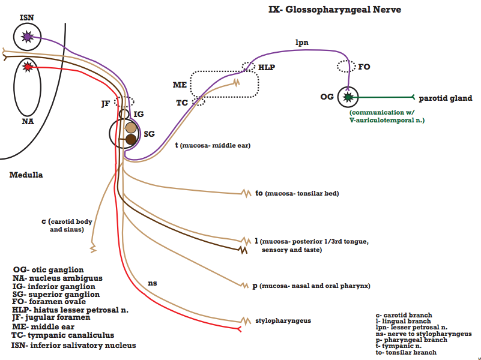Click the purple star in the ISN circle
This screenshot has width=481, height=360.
pos(27,37)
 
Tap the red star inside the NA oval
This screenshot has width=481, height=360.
pos(27,67)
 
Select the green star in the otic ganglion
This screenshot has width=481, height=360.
pos(348,97)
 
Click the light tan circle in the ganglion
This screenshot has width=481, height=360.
pos(131,128)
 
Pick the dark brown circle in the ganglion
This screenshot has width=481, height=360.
pos(131,139)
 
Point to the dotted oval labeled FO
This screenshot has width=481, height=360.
pos(346,66)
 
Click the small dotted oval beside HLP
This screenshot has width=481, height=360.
pos(248,66)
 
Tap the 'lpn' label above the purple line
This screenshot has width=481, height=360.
pos(302,42)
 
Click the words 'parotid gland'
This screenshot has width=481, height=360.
pos(446,98)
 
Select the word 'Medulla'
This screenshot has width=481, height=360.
pos(26,175)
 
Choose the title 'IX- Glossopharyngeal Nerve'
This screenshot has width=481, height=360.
pos(334,10)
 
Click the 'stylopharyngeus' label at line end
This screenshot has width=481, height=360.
pos(283,321)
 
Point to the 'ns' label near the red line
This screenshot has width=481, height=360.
pos(153,283)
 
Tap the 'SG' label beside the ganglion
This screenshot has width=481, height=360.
pos(150,134)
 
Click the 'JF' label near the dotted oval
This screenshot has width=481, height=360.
pos(106,104)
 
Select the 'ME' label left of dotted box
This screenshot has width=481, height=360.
pos(180,85)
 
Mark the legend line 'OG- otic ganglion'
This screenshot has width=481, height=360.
pos(48,270)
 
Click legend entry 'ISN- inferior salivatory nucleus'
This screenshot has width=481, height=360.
pos(74,345)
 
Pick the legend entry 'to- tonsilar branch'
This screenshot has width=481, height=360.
pos(406,352)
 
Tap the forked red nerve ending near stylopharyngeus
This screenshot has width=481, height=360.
pos(239,329)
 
